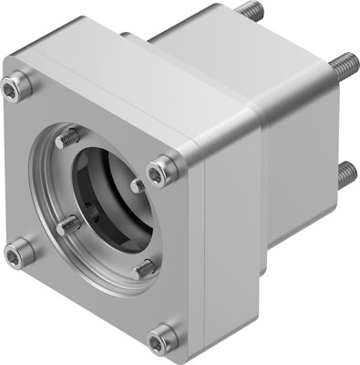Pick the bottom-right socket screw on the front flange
coord(161,333)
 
